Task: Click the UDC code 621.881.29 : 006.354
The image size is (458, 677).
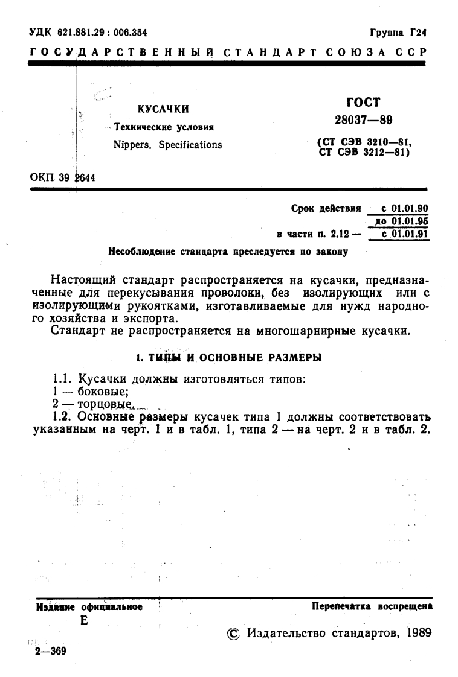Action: click(89, 32)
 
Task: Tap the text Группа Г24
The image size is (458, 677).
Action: click(404, 32)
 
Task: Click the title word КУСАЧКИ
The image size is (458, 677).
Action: click(163, 109)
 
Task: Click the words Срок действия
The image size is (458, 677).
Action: click(326, 209)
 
